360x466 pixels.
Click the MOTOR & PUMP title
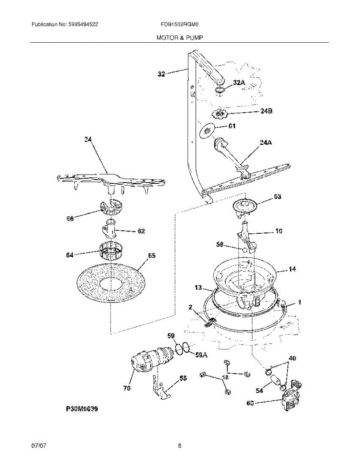tap(179, 38)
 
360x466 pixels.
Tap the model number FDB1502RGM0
tap(180, 24)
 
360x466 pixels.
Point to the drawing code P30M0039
tap(82, 409)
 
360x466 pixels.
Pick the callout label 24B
tap(266, 111)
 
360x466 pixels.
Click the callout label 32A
tap(239, 82)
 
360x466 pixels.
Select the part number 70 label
tap(127, 388)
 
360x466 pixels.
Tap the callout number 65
tap(152, 256)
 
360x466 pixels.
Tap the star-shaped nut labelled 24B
tap(219, 114)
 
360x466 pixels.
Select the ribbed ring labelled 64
tap(110, 251)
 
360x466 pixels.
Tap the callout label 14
tap(292, 269)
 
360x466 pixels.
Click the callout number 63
tap(277, 196)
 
